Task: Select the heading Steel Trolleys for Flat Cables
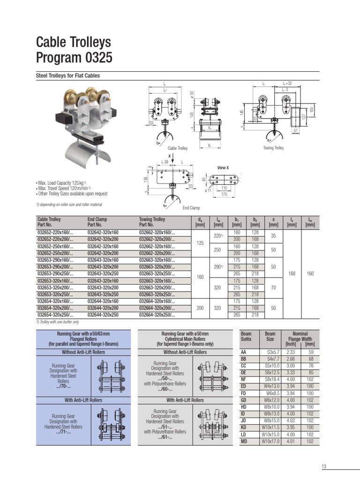pyautogui.click(x=68, y=75)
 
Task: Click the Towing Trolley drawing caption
pyautogui.click(x=273, y=148)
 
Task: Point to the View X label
pyautogui.click(x=223, y=167)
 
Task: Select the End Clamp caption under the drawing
pyautogui.click(x=191, y=208)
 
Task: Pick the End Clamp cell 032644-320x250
pyautogui.click(x=103, y=315)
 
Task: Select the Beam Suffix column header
pyautogui.click(x=246, y=336)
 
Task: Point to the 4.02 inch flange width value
pyautogui.click(x=291, y=421)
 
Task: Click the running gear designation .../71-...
pyautogui.click(x=64, y=432)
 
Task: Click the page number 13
pyautogui.click(x=323, y=466)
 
